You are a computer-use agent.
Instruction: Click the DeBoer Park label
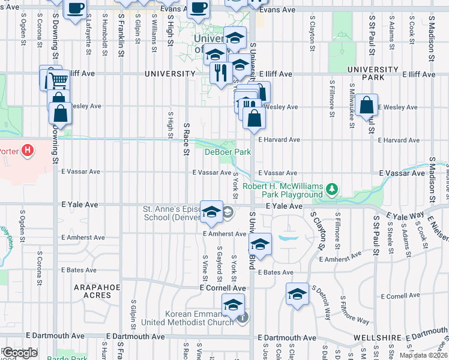click(x=228, y=152)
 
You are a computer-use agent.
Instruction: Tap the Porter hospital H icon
click(x=27, y=151)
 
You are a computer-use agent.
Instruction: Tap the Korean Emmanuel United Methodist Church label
click(x=187, y=319)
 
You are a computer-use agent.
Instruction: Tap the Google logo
click(x=20, y=353)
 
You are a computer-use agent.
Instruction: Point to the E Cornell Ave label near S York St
click(x=223, y=288)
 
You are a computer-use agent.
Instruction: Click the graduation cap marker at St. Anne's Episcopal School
click(x=211, y=211)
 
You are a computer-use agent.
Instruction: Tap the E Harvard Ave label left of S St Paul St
click(x=279, y=140)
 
